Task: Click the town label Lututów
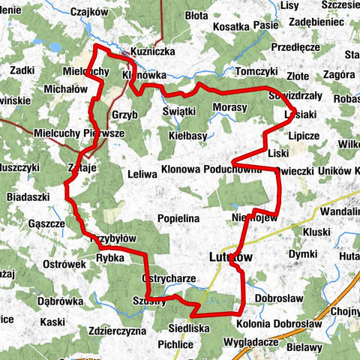click(x=230, y=256)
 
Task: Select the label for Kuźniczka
click(x=152, y=53)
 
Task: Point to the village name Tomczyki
click(x=256, y=70)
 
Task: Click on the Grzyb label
click(x=124, y=115)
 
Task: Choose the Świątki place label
click(x=179, y=110)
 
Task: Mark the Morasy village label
click(x=230, y=108)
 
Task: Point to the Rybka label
click(x=110, y=256)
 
